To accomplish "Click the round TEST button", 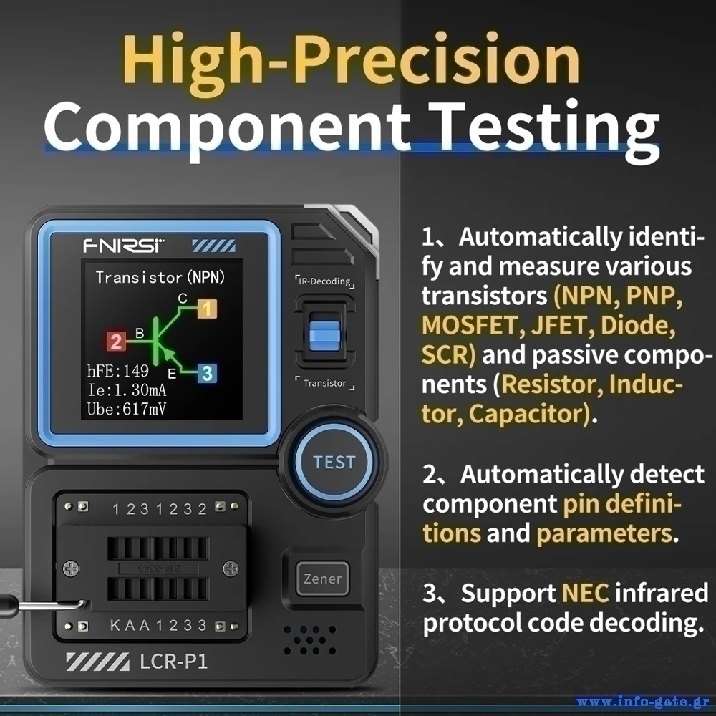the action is (x=334, y=462).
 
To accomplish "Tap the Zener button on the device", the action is (x=322, y=579).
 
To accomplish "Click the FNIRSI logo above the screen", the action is (x=123, y=246).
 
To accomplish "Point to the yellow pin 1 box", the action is (x=208, y=309).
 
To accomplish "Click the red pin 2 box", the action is (x=116, y=341).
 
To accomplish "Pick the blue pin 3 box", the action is (x=208, y=373).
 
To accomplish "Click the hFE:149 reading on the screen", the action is (x=118, y=371).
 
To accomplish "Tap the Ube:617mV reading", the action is (x=127, y=409).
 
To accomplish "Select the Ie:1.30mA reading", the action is (x=127, y=390).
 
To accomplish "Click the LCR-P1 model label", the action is (x=173, y=662).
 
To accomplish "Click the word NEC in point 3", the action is (x=586, y=593).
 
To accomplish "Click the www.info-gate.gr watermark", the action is (x=643, y=702).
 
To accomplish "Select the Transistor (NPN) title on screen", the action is (x=160, y=277).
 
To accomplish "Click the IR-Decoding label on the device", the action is (x=324, y=281).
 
